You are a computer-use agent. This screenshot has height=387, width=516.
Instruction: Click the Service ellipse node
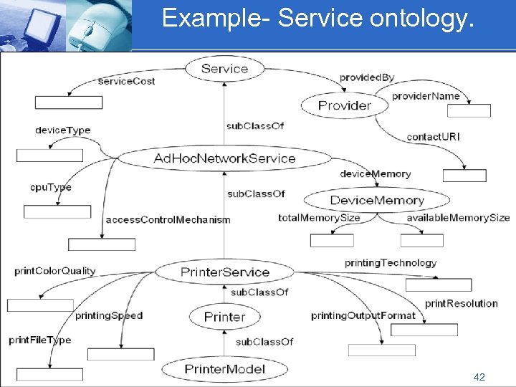[x=225, y=69]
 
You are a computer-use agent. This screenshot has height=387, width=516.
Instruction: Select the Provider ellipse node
[x=345, y=105]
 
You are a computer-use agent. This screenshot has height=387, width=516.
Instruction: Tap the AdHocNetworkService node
[x=224, y=158]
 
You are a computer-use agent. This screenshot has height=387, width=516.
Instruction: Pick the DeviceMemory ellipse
[x=377, y=200]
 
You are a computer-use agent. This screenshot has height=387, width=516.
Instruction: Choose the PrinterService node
[x=224, y=272]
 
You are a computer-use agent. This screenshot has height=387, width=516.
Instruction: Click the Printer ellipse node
[x=224, y=317]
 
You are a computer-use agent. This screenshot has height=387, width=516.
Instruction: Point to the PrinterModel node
[x=224, y=370]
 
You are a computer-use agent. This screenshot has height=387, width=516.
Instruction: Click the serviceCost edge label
[x=126, y=81]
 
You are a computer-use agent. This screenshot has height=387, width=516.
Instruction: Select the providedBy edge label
[x=367, y=77]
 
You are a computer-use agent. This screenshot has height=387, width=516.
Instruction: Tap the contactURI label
[x=433, y=136]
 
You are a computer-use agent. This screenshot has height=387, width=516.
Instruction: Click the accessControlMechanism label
[x=168, y=219]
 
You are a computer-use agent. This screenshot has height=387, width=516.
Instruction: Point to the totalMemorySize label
[x=319, y=217]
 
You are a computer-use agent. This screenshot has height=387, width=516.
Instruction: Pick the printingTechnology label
[x=391, y=263]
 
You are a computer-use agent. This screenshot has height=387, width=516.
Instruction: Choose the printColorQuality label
[x=54, y=271]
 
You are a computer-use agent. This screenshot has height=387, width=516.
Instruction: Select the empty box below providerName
[x=469, y=110]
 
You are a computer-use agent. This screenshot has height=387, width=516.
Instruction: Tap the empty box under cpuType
[x=57, y=211]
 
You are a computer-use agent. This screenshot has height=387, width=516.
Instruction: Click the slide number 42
[x=479, y=376]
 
